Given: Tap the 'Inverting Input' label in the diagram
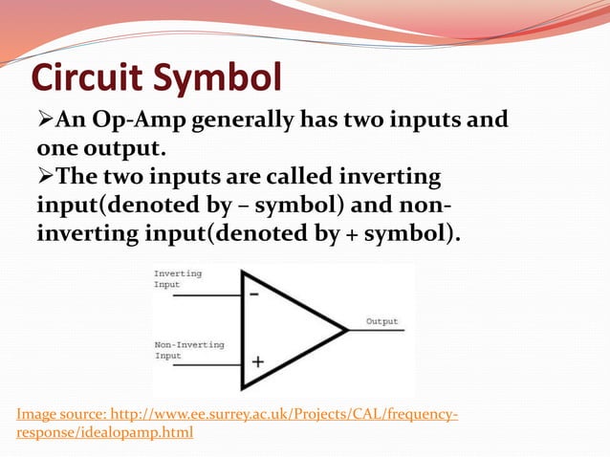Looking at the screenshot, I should (x=178, y=278).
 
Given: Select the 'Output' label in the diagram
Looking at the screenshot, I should (x=381, y=321).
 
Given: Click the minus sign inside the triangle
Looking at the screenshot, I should (x=255, y=295).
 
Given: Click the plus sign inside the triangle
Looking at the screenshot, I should (x=257, y=362).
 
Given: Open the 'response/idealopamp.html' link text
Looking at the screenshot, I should (x=104, y=433).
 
